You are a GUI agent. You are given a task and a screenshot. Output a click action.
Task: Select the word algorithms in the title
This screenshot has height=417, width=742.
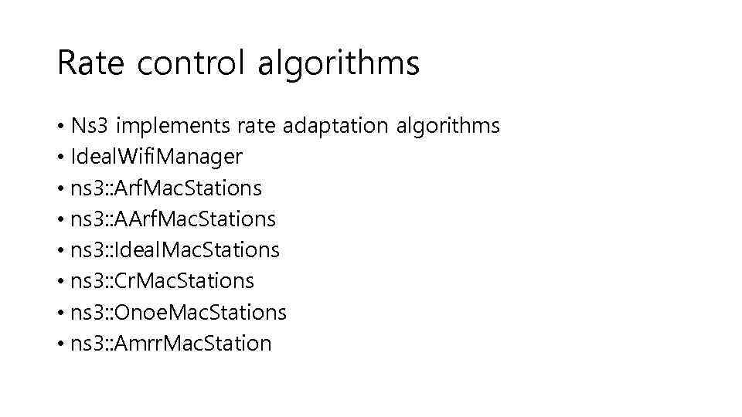coord(339,63)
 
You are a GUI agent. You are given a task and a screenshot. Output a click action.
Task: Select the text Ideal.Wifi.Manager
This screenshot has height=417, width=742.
coord(156,158)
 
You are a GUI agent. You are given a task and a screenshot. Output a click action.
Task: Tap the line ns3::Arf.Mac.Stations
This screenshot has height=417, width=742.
coord(165,188)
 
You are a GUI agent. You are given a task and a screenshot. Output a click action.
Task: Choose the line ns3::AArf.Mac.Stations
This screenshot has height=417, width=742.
coord(172,219)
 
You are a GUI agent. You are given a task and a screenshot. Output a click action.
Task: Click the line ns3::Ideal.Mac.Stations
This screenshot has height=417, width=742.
coord(175,250)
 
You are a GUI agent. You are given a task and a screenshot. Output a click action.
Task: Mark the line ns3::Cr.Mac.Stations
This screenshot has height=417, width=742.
coord(162,281)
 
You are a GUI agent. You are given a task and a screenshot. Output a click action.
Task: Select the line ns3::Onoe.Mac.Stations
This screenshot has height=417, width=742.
coord(178,312)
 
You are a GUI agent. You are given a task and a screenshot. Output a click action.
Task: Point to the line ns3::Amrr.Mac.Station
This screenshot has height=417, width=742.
coord(171,343)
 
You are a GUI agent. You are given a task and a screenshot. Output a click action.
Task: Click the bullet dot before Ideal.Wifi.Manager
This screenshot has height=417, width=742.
coord(61,158)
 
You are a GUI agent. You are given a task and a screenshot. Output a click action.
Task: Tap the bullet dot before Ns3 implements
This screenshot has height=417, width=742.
coord(61,127)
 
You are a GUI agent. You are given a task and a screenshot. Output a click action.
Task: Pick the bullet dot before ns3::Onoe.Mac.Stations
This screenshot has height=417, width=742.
coord(61,313)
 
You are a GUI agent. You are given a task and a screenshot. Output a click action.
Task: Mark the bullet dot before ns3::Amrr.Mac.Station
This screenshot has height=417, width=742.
coord(61,344)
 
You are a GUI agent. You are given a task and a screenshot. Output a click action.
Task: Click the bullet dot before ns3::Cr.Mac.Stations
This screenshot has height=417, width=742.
coord(61,282)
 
